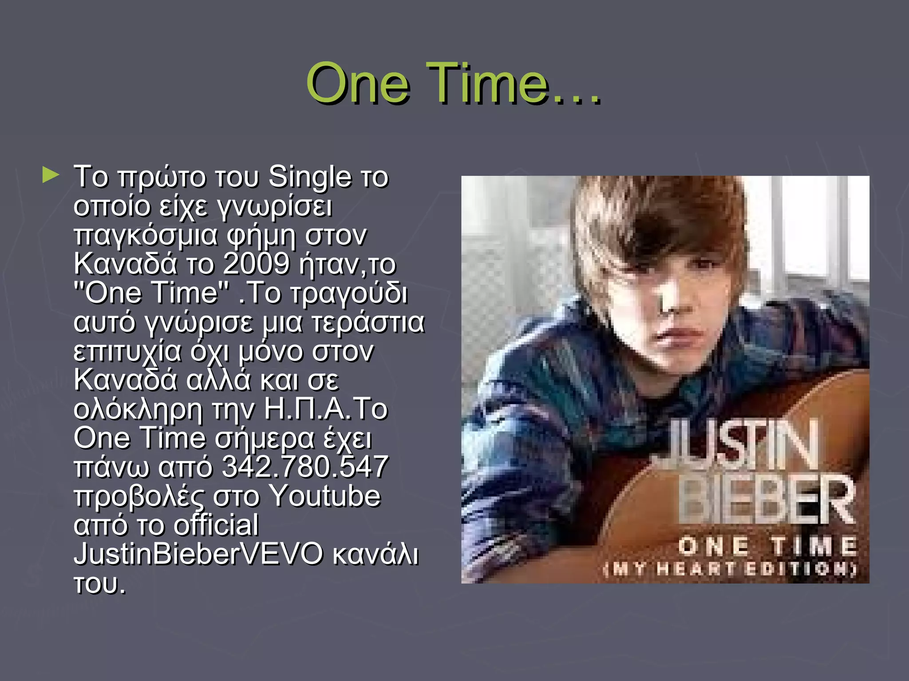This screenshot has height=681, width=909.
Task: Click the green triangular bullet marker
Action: [x=51, y=176]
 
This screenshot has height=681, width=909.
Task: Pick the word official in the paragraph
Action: [x=216, y=525]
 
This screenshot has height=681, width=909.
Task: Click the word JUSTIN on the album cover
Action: [x=739, y=446]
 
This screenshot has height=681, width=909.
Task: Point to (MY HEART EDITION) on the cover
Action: [x=730, y=569]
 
